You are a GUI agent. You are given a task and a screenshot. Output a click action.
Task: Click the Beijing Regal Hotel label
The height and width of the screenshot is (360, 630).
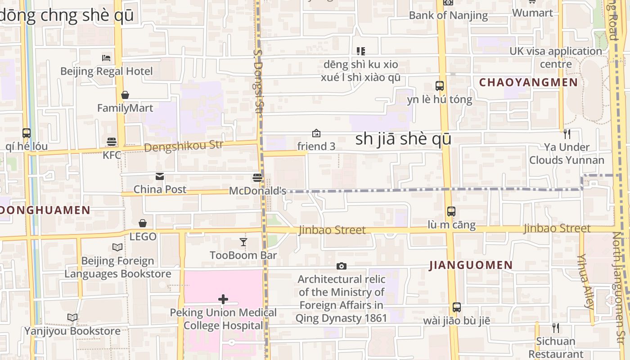click(107, 71)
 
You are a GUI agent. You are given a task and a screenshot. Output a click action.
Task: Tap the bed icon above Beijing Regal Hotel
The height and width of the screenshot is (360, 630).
click(106, 58)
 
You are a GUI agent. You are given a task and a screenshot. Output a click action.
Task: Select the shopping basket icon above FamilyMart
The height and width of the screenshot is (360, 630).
click(125, 95)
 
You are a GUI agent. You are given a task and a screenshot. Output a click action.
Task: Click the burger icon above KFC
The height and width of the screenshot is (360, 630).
click(112, 142)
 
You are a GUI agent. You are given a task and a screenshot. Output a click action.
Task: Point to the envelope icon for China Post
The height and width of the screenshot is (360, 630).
click(160, 176)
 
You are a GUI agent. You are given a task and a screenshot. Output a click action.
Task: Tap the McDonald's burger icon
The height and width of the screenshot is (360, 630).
click(257, 178)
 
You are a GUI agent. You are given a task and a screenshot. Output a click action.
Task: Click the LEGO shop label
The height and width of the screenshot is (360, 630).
click(143, 236)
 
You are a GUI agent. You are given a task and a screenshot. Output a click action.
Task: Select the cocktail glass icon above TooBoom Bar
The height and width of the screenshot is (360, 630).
click(243, 242)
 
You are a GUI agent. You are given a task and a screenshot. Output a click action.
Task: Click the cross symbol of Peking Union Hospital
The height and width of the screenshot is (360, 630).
click(223, 299)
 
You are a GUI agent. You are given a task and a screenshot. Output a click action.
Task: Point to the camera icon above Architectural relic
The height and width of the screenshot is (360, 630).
click(342, 266)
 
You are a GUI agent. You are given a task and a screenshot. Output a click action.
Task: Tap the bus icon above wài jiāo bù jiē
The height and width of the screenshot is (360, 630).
click(456, 307)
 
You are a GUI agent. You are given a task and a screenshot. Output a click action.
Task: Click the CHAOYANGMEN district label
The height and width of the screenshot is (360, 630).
click(528, 82)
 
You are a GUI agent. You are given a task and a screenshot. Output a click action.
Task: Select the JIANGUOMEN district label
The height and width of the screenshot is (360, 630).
click(471, 265)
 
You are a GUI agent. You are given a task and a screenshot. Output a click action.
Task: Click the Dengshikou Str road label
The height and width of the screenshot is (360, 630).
click(184, 146)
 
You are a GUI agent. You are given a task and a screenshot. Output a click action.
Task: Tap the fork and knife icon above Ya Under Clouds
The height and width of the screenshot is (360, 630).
click(567, 134)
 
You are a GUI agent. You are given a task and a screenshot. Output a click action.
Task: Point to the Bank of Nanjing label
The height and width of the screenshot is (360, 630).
click(448, 15)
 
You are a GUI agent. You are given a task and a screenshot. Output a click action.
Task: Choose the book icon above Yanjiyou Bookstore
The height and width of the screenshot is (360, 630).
click(72, 318)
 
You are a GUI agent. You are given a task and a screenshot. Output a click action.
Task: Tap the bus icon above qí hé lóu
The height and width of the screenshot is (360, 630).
click(27, 133)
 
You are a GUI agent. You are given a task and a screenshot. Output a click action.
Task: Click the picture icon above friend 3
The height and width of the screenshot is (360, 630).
click(316, 133)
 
